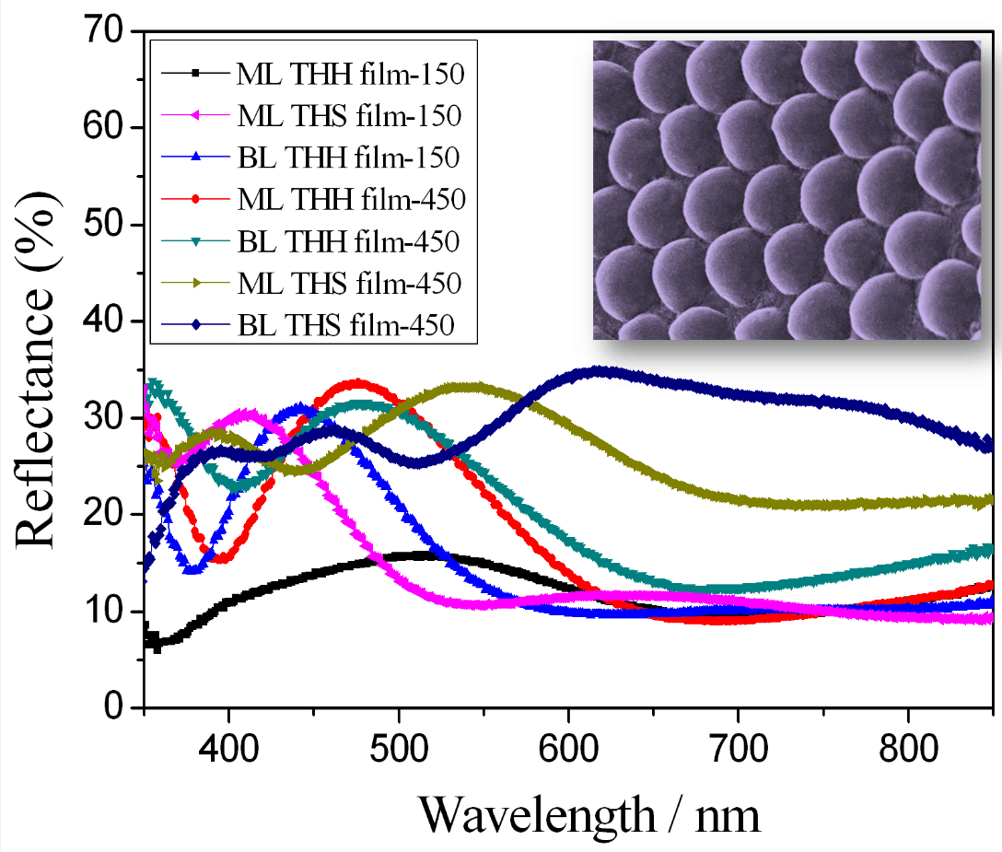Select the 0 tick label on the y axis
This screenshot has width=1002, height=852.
coord(112,707)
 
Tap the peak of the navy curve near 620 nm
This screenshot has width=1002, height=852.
coord(599,371)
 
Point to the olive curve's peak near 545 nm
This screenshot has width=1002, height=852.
coord(474,387)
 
